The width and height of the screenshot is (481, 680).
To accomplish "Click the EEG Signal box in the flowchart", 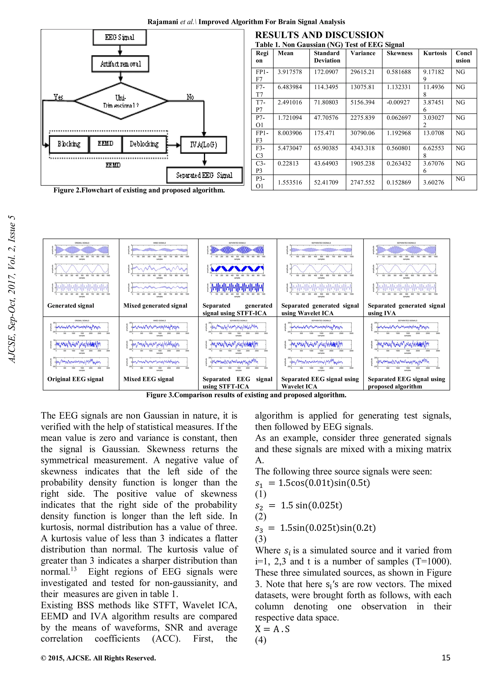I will coord(119,37).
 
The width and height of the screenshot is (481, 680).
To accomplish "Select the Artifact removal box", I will coord(120,64).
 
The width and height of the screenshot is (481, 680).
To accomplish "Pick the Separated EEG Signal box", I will coord(204,175).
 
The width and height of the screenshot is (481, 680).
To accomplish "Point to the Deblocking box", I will coord(144,144).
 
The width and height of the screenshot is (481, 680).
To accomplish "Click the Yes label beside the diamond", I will coord(58,97).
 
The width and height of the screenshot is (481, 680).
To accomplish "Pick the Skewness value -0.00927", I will coord(398,102).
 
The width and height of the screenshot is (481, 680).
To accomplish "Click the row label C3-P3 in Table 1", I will coord(260,167).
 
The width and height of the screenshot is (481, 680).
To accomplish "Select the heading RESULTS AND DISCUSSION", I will coord(319,35).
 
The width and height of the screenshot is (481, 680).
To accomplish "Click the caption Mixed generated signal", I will coord(155,306).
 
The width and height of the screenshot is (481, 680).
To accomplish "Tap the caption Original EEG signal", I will coord(75,379).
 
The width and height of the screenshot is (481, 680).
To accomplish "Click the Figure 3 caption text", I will coord(246,395).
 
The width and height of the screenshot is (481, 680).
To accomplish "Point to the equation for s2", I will coord(299,505).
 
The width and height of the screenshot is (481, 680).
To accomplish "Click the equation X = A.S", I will coord(272,629).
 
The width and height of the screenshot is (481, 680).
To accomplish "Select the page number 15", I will coord(446,658).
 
